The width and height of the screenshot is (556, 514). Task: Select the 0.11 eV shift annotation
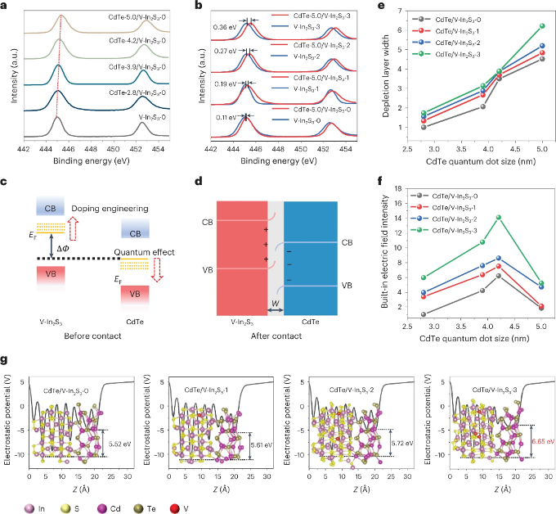point(222,117)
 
